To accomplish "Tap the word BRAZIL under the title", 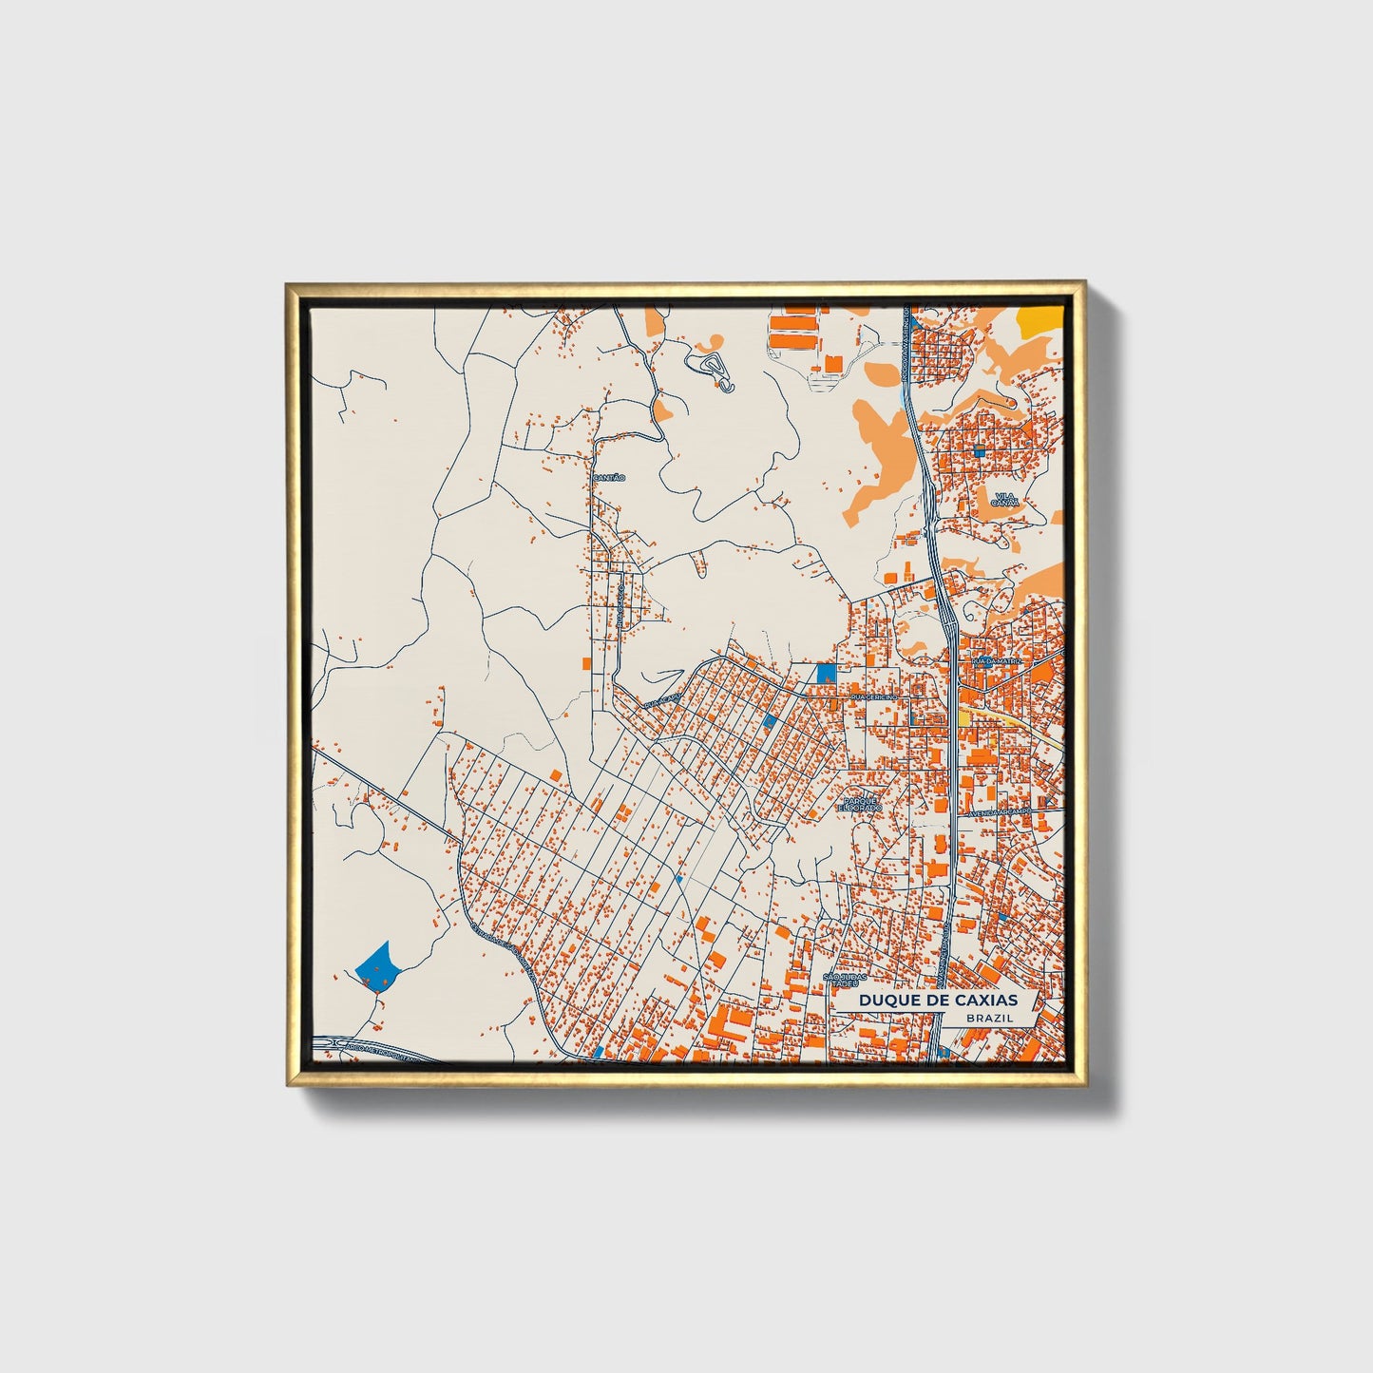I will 988,1018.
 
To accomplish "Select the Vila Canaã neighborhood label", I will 1004,500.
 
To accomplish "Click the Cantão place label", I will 608,477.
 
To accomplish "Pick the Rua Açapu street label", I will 662,705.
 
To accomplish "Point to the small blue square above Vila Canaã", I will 978,451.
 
